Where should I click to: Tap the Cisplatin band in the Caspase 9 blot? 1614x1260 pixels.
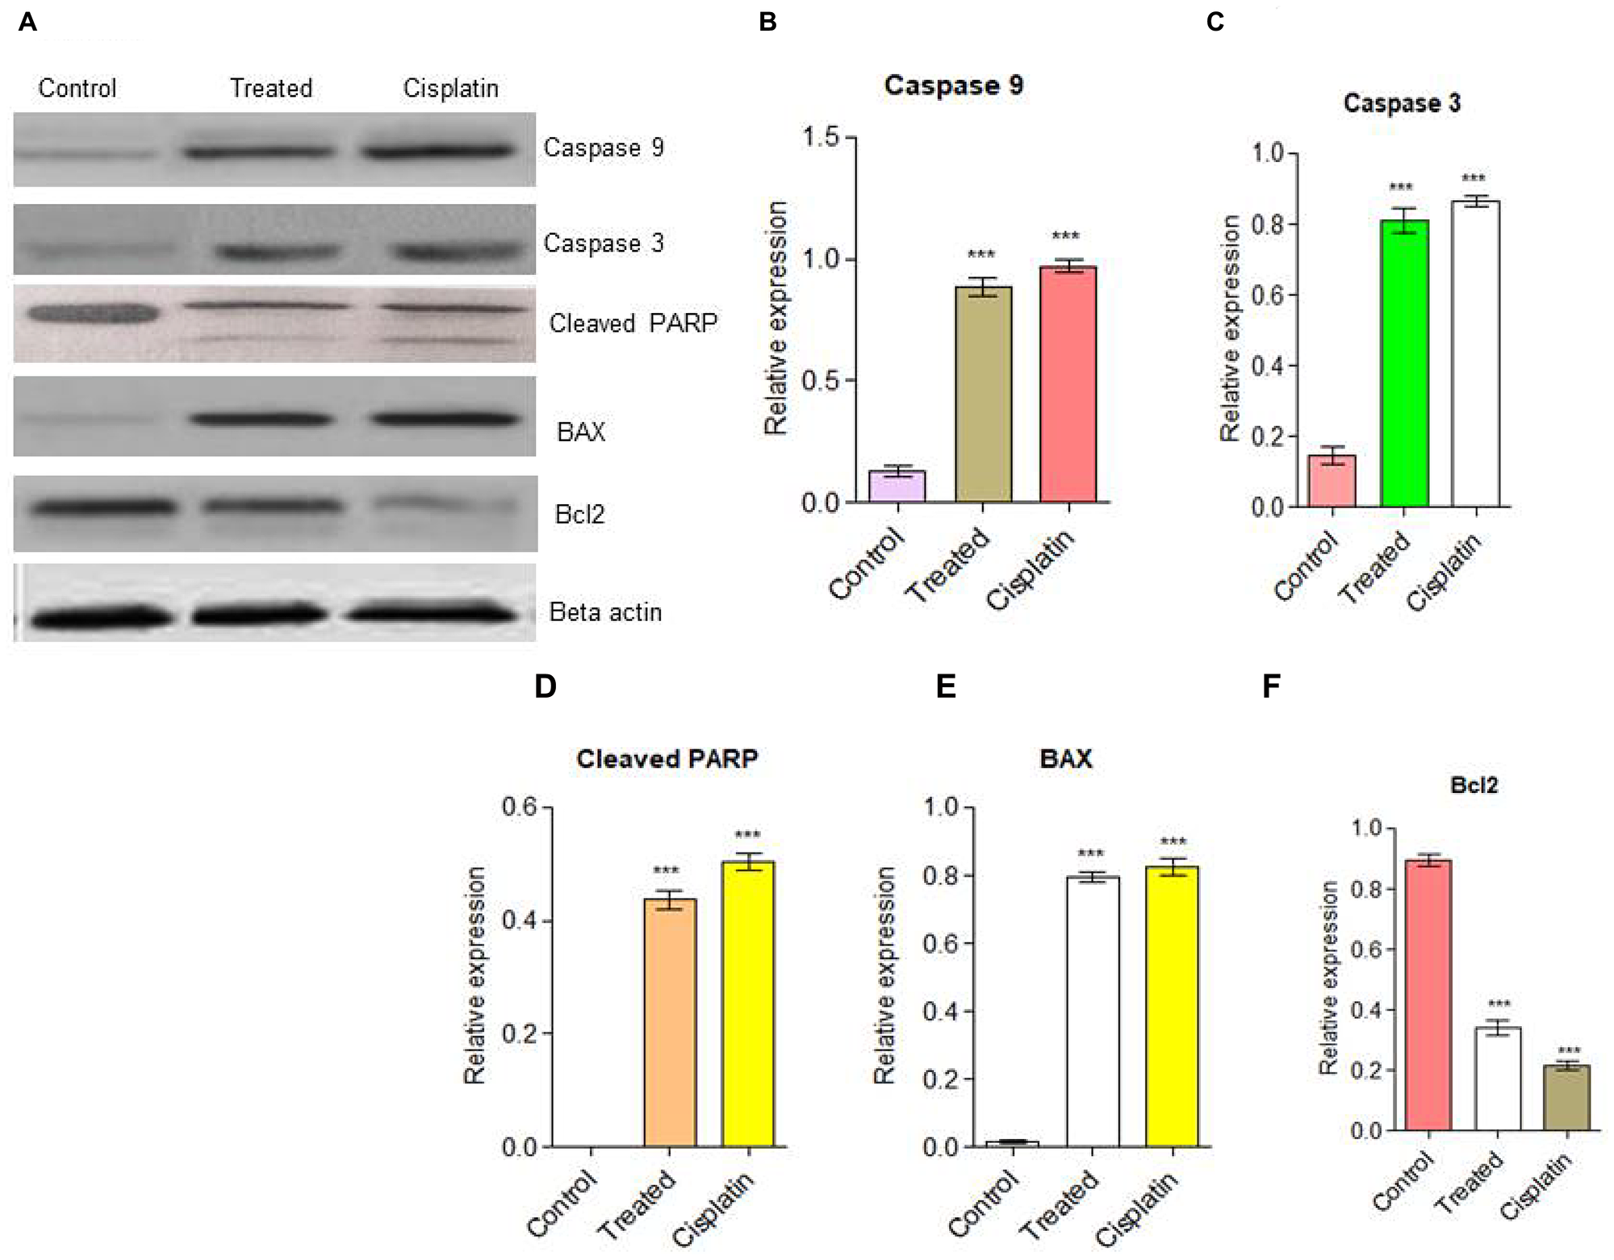tap(437, 150)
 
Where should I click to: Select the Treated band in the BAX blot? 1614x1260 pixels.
tap(260, 419)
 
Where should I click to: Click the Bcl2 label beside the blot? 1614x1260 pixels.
tap(579, 515)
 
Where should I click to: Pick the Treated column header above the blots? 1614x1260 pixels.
tap(271, 88)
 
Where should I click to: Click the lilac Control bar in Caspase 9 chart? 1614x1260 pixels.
tap(897, 486)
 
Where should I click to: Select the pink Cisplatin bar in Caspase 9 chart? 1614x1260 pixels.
tap(1068, 385)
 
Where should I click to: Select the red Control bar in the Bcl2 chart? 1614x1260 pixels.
tap(1428, 995)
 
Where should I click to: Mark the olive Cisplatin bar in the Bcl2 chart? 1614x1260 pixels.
tap(1566, 1098)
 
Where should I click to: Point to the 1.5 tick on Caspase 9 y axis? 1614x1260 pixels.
tap(821, 138)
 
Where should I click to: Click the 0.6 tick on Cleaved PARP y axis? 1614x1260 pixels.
tap(520, 807)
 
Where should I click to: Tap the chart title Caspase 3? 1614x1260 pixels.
tap(1402, 103)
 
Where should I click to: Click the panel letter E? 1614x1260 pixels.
tap(945, 686)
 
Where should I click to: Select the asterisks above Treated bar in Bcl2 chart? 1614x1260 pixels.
tap(1499, 1004)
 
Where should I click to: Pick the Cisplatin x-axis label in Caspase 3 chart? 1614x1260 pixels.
tap(1445, 572)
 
